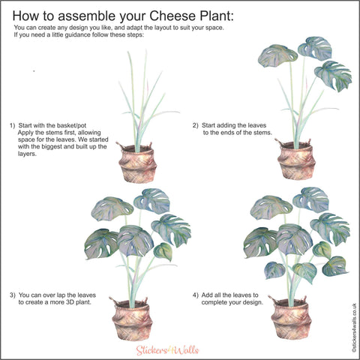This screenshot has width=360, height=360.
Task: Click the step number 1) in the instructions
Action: pos(12,125)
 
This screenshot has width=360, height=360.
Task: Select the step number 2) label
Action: pos(195,125)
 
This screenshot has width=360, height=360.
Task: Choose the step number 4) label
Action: pos(195,295)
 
